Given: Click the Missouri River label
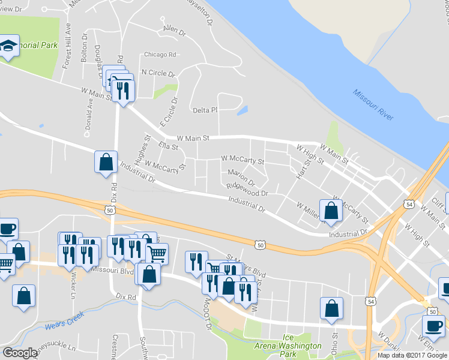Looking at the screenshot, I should pos(373,105).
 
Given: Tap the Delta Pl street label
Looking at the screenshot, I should pos(205,110).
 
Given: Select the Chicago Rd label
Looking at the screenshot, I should pos(159,55).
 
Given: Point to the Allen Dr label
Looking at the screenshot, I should pos(174,29).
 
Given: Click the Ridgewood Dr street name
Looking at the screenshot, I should pos(247,190).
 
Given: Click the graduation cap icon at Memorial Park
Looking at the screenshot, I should pos(9,46).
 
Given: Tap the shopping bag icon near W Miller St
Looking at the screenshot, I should pos(331,211).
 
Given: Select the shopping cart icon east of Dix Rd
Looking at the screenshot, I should pos(157,254).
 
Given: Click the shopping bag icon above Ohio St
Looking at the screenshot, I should pos(331,309).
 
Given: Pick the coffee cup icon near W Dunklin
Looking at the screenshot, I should pos(433,326).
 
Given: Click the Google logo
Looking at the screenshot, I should pos(20,353).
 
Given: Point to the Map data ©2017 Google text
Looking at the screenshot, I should pos(412,355).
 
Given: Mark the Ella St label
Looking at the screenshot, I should pos(168,146).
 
